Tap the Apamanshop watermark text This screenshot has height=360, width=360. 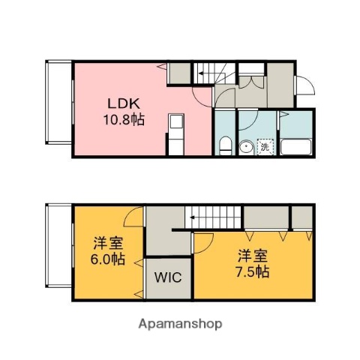click(179, 324)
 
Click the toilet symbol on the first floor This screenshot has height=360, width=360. click(224, 144)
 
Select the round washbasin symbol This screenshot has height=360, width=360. click(246, 146)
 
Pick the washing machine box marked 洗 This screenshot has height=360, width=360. click(265, 147)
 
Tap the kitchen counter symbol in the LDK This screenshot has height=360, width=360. click(175, 131)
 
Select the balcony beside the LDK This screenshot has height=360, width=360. click(58, 103)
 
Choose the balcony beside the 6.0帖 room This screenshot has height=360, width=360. click(58, 245)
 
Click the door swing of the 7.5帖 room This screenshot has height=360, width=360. click(201, 241)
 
